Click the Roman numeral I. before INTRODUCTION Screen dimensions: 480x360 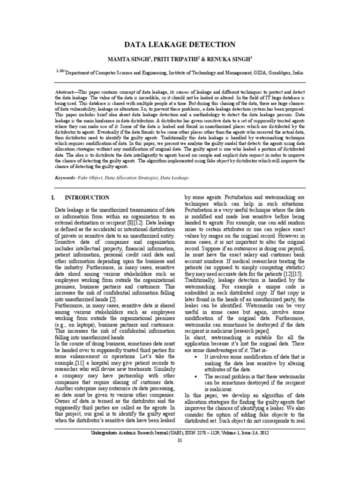[53, 198]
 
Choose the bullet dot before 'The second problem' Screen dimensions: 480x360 [194, 376]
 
